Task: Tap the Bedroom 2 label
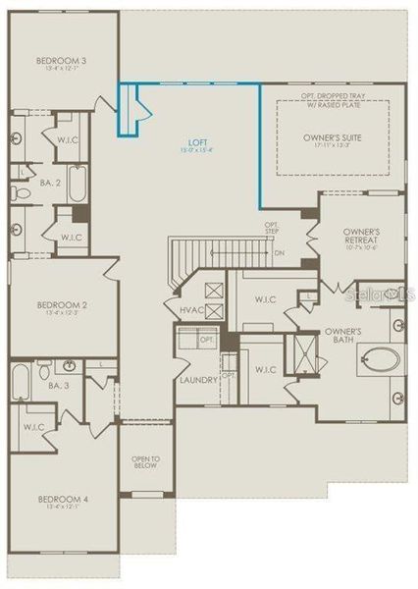(62, 303)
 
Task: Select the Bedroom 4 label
(63, 500)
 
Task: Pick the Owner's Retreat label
(361, 236)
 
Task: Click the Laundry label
(198, 379)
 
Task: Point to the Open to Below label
(146, 462)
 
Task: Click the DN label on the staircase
(280, 253)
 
